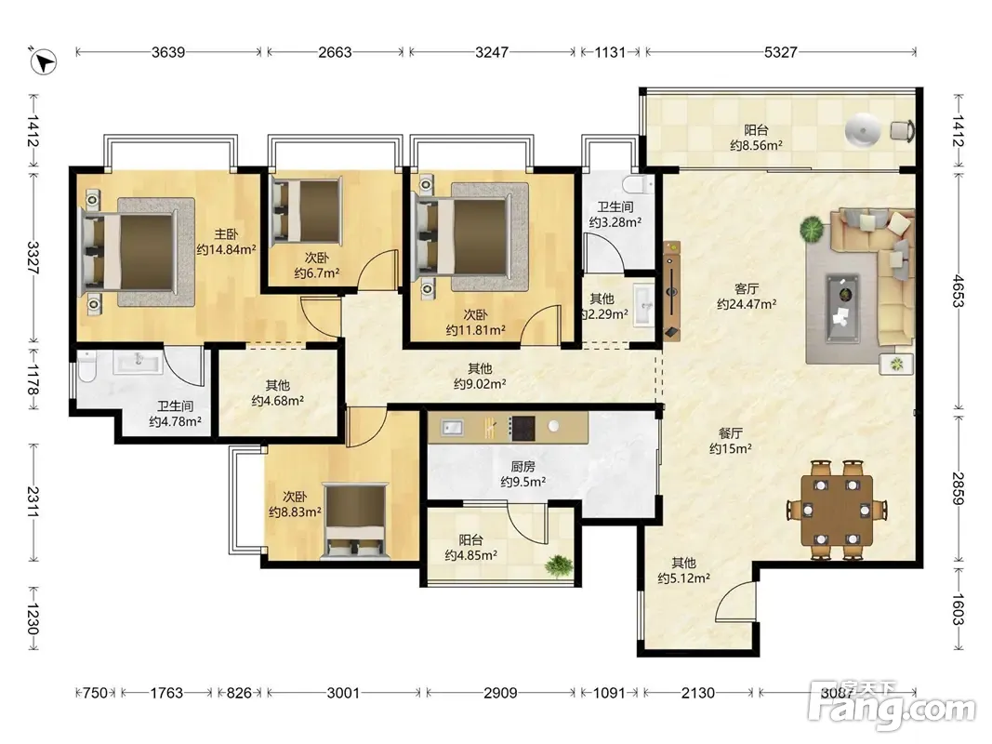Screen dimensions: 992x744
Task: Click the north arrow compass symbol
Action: tap(43, 61)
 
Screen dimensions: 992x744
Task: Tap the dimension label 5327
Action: tap(780, 52)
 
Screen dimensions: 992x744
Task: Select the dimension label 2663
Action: tap(335, 52)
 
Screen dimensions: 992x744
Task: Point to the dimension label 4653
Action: tap(959, 290)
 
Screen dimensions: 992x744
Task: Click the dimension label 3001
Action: tap(343, 693)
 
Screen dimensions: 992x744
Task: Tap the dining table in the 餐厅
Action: tap(837, 510)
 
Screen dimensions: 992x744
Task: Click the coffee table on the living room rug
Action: tap(843, 308)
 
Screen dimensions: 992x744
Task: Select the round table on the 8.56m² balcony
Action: tap(863, 131)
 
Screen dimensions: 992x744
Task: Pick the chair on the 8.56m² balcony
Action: tap(902, 130)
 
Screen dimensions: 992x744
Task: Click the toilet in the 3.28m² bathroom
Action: tap(638, 185)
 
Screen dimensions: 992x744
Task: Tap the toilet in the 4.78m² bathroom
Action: tap(86, 367)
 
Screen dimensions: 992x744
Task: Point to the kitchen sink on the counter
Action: tap(451, 428)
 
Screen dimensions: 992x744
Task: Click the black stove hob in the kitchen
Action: tap(522, 429)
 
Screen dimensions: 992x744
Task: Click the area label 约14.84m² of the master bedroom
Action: tap(226, 250)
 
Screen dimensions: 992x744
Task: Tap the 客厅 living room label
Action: tap(747, 288)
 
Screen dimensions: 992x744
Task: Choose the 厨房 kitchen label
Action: tap(523, 466)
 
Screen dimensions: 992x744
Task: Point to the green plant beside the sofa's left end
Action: tap(812, 229)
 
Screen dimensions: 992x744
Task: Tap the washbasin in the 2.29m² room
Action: tap(644, 305)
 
